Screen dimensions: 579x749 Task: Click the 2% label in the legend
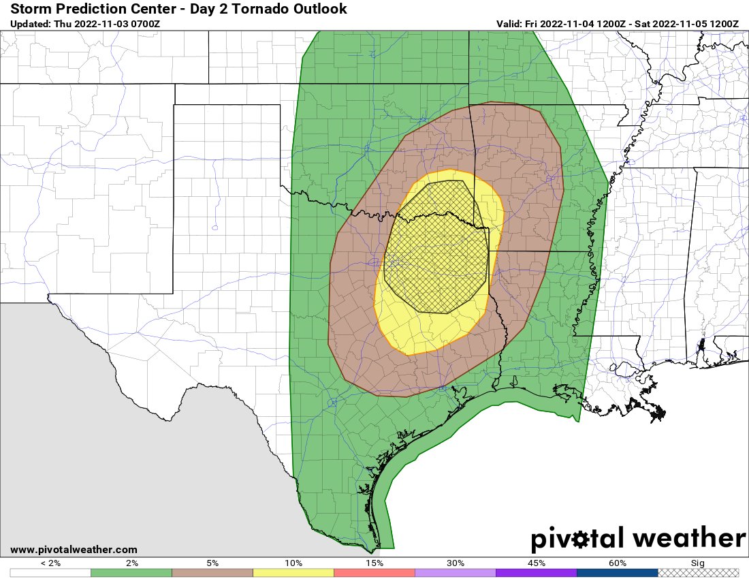pyautogui.click(x=131, y=563)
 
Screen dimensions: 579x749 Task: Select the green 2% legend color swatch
pyautogui.click(x=131, y=573)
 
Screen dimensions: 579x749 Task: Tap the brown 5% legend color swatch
pyautogui.click(x=212, y=573)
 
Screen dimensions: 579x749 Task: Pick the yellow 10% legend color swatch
pyautogui.click(x=293, y=573)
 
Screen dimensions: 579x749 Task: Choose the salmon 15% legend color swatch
pyautogui.click(x=374, y=573)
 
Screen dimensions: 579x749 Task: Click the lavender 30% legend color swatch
pyautogui.click(x=456, y=573)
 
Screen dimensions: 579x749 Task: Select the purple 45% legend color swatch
pyautogui.click(x=537, y=573)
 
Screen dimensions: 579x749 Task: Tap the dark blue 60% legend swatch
pyautogui.click(x=618, y=573)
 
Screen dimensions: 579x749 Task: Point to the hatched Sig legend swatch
pyautogui.click(x=699, y=573)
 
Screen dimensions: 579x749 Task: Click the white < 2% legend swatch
pyautogui.click(x=50, y=573)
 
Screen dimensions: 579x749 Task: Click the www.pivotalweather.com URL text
pyautogui.click(x=74, y=550)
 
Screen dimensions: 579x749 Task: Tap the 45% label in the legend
pyautogui.click(x=537, y=563)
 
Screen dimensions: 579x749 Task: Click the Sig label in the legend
pyautogui.click(x=699, y=563)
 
